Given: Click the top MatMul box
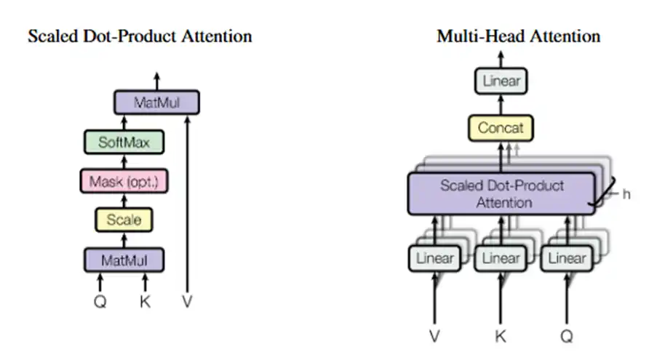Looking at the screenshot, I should (x=156, y=103).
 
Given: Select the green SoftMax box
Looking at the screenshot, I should (x=124, y=142).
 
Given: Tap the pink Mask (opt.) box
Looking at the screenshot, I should (x=124, y=181).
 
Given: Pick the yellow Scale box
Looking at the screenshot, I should (x=124, y=219).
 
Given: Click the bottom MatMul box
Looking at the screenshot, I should (x=124, y=258).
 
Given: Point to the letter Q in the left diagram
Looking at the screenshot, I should (x=100, y=300).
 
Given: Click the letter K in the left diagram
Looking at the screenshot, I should (x=145, y=300).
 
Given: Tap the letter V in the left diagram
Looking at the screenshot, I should (x=187, y=300).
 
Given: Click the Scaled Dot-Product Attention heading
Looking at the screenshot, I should (x=140, y=36).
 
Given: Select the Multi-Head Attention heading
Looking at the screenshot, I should (x=518, y=36).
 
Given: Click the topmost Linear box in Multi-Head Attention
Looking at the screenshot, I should (x=501, y=81).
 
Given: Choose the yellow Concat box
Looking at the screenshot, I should (x=501, y=128).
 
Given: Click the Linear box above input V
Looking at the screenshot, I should (x=434, y=258).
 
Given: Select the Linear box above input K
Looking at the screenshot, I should (x=501, y=258).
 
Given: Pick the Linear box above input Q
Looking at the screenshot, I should (x=567, y=258).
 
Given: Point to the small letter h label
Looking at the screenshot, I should (x=626, y=195).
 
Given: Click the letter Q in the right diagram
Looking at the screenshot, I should (x=567, y=336).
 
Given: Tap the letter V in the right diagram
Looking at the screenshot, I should (x=434, y=336).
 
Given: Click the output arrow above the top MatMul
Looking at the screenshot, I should (x=156, y=80).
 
